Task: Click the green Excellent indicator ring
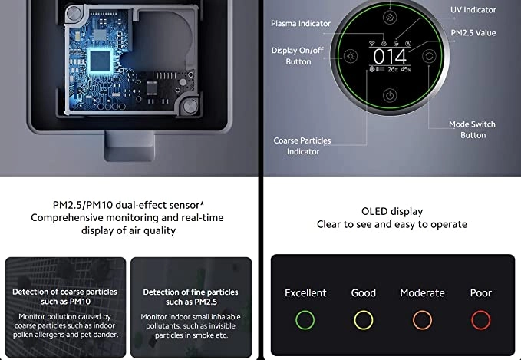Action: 295,320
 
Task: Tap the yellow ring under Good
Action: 354,320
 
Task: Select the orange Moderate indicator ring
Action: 413,320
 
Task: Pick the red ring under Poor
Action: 471,320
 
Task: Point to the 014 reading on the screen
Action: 390,57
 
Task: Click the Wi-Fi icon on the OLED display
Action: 372,43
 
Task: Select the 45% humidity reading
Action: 406,70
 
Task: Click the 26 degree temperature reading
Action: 392,70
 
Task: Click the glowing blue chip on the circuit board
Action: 100,61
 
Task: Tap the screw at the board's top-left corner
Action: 73,14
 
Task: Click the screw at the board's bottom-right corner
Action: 190,106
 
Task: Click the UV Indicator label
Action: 473,10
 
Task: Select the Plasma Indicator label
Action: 301,24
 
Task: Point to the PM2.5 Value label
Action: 473,33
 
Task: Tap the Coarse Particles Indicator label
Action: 302,146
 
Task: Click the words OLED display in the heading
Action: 392,211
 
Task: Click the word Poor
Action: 481,293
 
